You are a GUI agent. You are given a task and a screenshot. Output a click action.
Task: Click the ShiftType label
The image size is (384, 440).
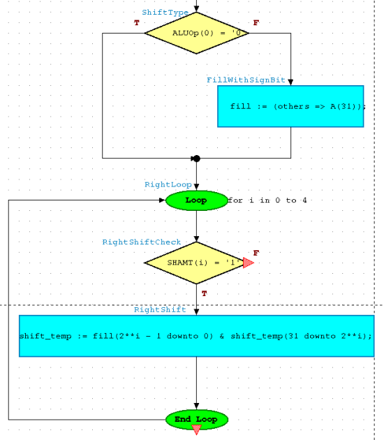pos(165,13)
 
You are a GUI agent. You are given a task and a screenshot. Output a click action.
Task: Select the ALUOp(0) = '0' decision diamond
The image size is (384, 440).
pos(196,33)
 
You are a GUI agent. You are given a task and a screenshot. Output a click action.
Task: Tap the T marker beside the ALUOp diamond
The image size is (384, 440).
pos(137,23)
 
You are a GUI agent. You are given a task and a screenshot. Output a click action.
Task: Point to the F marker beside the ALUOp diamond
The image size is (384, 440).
pos(256,23)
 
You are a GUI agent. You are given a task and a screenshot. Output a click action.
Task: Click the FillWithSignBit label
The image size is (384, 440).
pos(246,80)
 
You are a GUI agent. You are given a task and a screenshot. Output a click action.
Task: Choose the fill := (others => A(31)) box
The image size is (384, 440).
pos(290,106)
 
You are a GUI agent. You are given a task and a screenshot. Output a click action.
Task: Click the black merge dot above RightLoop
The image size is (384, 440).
pos(197,159)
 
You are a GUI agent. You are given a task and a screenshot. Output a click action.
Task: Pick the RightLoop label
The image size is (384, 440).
pos(168,184)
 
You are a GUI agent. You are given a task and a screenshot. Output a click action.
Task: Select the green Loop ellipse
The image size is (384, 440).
pos(197,200)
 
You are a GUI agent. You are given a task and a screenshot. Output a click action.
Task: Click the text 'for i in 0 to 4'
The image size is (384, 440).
pos(267,200)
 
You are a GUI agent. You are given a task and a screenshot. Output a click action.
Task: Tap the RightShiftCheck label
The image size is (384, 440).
pos(141,242)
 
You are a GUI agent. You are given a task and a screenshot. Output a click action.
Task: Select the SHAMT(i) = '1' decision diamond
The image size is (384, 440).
pos(195,263)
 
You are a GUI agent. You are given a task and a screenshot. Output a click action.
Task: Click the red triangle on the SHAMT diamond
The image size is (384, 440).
pos(249,263)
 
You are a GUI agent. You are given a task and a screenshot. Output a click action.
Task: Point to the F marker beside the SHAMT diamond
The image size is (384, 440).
pos(256,253)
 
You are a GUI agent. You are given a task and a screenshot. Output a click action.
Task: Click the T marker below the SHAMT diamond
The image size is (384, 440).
pos(204,294)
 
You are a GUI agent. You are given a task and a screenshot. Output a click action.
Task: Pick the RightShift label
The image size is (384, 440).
pos(160,310)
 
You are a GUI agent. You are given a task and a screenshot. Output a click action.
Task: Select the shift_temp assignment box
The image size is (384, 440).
pos(197,336)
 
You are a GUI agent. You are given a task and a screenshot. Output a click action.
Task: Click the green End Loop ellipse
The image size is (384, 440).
pos(197,420)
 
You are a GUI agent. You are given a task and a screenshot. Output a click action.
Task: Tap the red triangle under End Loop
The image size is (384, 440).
pos(197,430)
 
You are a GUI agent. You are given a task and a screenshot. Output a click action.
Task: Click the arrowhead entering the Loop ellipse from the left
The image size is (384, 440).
pos(162,200)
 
